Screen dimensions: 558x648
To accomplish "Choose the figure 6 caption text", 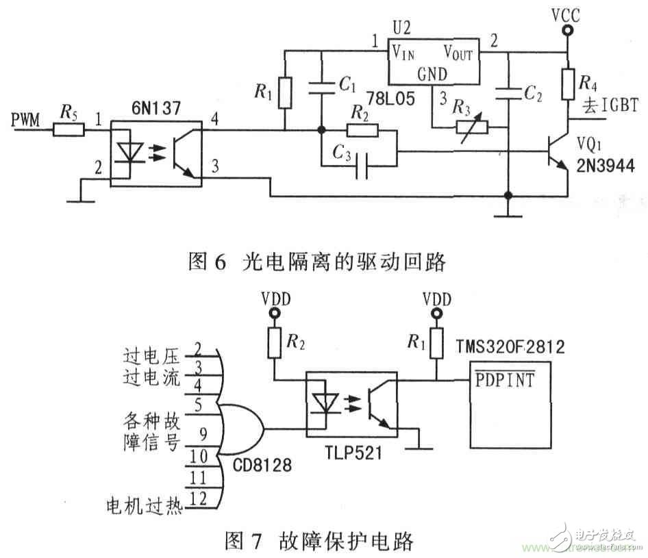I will (316, 261).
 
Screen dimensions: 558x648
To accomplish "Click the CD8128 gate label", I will (261, 466).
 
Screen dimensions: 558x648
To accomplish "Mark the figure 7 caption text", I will (319, 542).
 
